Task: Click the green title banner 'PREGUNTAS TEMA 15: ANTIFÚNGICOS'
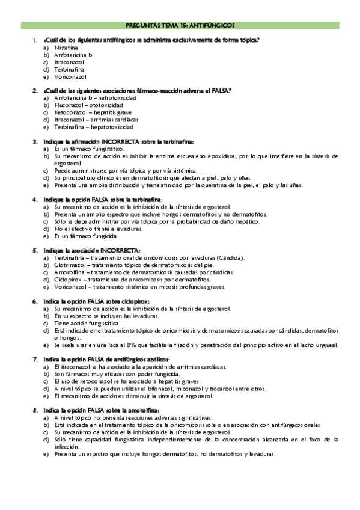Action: pyautogui.click(x=180, y=26)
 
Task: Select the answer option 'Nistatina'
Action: pyautogui.click(x=66, y=47)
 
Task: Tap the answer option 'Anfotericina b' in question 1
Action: pyautogui.click(x=73, y=54)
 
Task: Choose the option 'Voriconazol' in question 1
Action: pyautogui.click(x=70, y=76)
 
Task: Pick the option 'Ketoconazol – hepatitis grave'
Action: pyautogui.click(x=93, y=112)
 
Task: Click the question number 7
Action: pyautogui.click(x=35, y=359)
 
